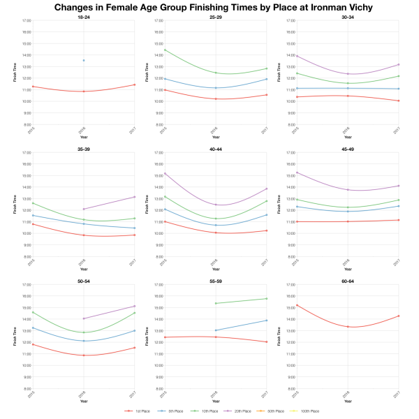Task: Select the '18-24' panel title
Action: tap(83, 17)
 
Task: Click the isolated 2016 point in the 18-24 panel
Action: tap(84, 60)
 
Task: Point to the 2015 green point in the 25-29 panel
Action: tap(164, 50)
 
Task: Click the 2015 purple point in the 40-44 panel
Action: tap(164, 173)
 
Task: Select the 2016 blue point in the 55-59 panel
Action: tap(216, 330)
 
